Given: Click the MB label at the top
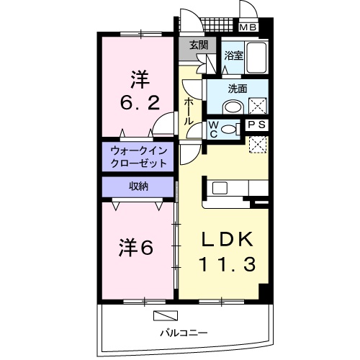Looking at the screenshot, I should [x=248, y=28].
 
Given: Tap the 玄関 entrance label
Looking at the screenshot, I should [x=199, y=44].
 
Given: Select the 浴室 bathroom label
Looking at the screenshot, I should [x=233, y=55].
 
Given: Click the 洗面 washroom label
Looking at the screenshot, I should [x=238, y=89].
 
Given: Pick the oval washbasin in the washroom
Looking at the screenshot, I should [x=233, y=106].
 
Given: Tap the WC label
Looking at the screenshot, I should [x=214, y=128].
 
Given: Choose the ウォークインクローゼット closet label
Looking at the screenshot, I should [x=139, y=157].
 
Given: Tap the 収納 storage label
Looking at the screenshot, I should [x=139, y=186].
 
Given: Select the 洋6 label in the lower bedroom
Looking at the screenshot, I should [x=136, y=248].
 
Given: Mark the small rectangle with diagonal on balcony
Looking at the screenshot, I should [x=166, y=315].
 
